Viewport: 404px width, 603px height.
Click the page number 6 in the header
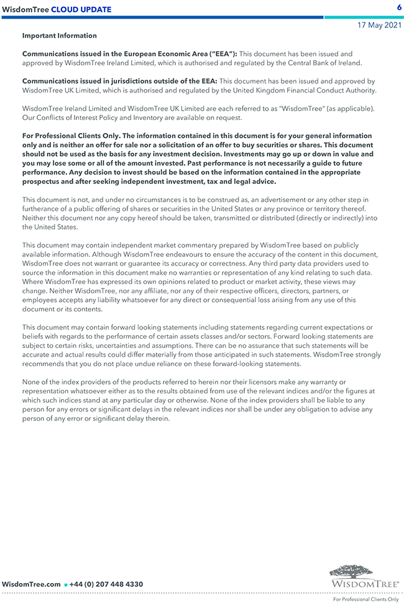[x=398, y=7]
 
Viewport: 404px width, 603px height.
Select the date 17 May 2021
[x=379, y=25]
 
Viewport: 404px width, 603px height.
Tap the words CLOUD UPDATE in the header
[x=81, y=9]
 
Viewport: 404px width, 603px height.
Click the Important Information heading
[x=60, y=36]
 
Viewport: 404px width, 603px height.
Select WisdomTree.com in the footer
[x=31, y=584]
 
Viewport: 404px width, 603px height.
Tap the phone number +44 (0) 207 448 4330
[x=106, y=584]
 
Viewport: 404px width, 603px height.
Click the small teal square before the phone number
[x=65, y=585]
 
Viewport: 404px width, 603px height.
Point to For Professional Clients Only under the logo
[x=365, y=599]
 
